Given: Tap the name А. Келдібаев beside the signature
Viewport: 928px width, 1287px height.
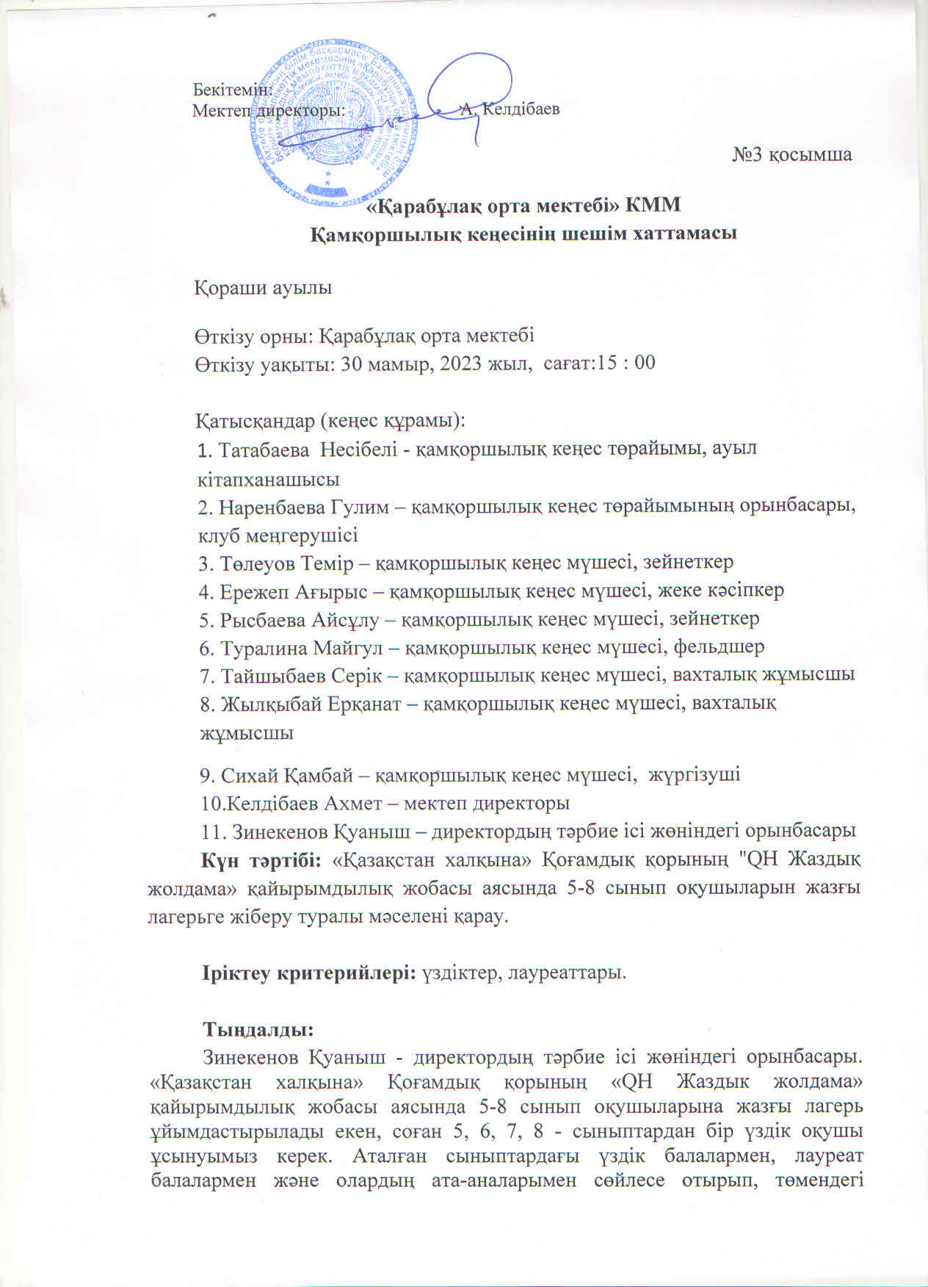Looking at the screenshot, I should click(x=510, y=109).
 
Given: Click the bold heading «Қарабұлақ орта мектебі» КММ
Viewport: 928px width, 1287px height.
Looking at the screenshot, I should click(x=524, y=206).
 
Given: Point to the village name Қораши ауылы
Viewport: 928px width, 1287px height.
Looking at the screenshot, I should click(x=263, y=288).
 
